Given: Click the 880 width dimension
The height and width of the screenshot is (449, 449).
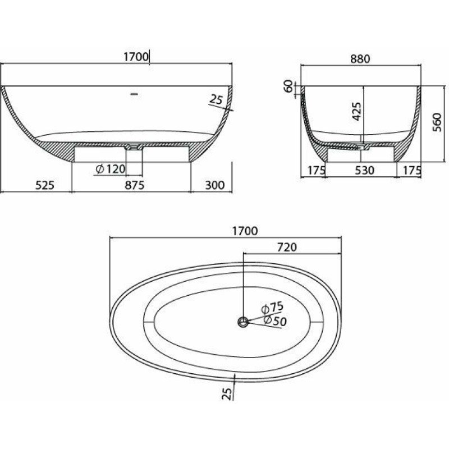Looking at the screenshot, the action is pos(360,59).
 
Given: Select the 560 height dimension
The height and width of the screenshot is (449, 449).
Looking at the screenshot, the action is pos(437,122).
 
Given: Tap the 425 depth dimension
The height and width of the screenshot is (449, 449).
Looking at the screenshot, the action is pos(356,111).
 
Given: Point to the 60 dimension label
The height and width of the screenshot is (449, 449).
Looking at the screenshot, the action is pos(289,86).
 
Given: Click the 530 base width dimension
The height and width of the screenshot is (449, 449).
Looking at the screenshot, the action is pos(364,171).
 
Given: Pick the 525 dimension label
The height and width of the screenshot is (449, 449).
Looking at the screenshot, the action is pos(45,185).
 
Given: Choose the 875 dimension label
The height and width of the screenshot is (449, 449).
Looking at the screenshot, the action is pos(134,185).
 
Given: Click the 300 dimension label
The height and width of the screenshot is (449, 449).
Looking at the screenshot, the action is pos(215,185).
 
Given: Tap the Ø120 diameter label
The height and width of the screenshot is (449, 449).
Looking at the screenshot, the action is pos(111,169).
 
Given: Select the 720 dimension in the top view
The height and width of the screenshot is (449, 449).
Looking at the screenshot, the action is pos(287,247).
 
